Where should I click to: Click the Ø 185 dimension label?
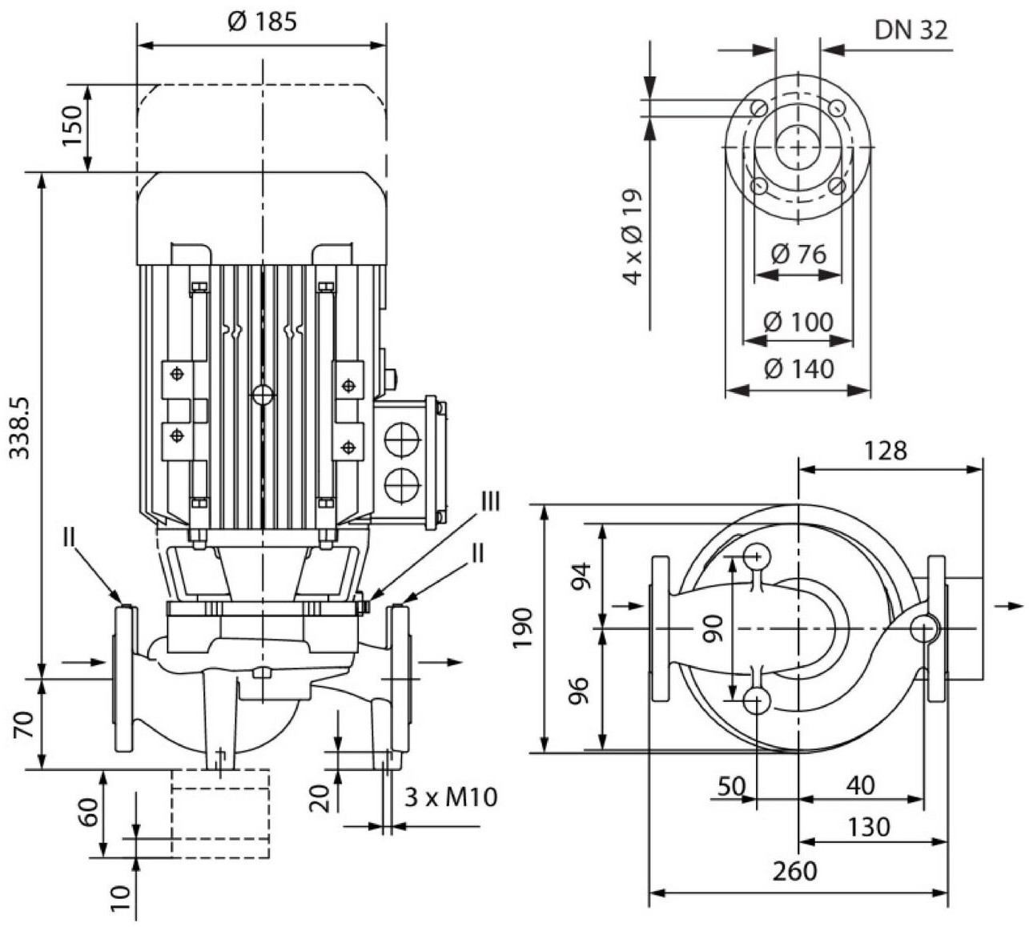262,22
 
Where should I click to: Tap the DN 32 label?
911,30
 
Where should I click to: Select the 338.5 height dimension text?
21,427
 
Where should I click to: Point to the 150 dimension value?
72,126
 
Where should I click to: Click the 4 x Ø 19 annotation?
633,238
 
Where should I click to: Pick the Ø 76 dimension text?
799,254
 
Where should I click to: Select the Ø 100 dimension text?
798,322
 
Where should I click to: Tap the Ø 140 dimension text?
798,369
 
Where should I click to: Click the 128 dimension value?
886,451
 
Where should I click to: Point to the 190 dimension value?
523,628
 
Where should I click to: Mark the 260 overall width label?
795,871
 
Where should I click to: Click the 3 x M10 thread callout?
451,798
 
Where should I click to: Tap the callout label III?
490,502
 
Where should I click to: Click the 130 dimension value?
868,827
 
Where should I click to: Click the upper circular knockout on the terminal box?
402,439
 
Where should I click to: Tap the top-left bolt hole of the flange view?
758,108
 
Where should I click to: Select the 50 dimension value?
731,785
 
